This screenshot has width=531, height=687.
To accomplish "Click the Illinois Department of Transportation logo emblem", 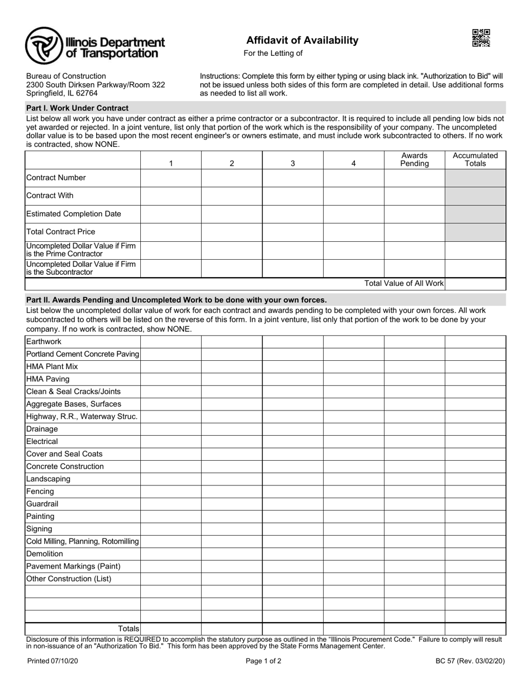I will (44, 45).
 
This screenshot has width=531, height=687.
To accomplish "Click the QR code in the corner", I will (481, 38).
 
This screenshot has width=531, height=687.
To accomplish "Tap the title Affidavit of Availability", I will (302, 40).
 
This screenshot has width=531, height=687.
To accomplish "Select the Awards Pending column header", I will (414, 160).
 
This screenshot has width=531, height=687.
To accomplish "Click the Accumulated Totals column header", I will (475, 160).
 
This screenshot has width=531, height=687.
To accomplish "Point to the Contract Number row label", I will (56, 178).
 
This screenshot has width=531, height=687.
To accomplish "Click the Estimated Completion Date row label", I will (73, 214).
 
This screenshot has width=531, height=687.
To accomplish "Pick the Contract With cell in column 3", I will (292, 196).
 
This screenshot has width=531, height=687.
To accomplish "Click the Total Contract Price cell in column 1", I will (170, 232).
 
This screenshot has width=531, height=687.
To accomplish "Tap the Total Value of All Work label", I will (404, 283).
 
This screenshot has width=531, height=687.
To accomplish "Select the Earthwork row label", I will (44, 342).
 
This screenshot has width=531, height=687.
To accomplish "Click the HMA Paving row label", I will (48, 379).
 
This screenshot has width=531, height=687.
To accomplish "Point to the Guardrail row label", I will (42, 504).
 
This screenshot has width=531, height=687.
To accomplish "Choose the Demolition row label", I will (45, 554).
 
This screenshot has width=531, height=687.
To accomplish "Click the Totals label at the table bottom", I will (128, 629).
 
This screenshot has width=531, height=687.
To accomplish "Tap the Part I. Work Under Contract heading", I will (77, 108).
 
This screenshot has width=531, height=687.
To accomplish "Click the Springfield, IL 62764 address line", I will (61, 93).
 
